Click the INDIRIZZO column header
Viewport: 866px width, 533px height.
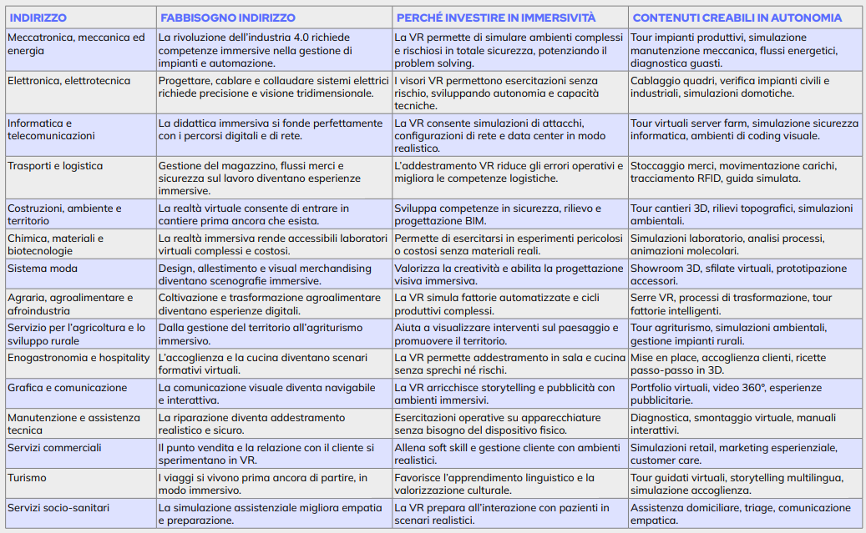(x=38, y=18)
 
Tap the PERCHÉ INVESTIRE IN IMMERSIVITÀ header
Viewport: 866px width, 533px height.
(x=496, y=18)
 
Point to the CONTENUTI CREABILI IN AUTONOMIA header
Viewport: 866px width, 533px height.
(x=737, y=18)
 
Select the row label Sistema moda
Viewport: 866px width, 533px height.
(x=43, y=268)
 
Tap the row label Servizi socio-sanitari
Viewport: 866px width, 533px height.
(x=58, y=507)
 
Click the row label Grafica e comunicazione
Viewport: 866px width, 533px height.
(x=68, y=388)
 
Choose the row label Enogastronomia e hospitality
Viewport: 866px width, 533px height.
(x=78, y=358)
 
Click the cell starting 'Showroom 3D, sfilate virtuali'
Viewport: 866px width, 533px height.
(x=738, y=274)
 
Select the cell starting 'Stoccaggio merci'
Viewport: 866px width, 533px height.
(x=738, y=172)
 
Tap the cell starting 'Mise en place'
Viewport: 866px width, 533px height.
(x=738, y=364)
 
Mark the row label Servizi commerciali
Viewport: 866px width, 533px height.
(x=54, y=448)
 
